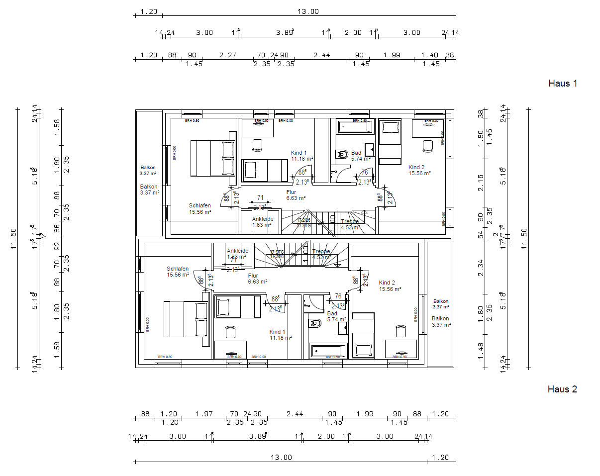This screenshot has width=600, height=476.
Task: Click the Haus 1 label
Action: coord(562,83)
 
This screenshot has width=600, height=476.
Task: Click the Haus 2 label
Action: coord(562,389)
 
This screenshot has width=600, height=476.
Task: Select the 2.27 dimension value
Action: coord(227,55)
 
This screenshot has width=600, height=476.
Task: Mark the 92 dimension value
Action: coord(57,246)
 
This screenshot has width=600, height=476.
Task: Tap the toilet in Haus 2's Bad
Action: coord(315,324)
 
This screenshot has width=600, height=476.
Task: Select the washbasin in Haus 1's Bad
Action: coord(370,149)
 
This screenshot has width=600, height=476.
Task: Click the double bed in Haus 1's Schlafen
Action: coord(212,158)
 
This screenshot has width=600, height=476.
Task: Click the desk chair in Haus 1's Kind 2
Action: coord(427,146)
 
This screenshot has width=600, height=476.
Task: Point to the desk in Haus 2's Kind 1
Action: coord(230,349)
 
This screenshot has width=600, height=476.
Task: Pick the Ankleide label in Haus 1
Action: coord(262,219)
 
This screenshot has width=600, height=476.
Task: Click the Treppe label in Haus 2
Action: coord(321,252)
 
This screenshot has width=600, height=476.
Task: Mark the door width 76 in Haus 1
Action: coord(365,173)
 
